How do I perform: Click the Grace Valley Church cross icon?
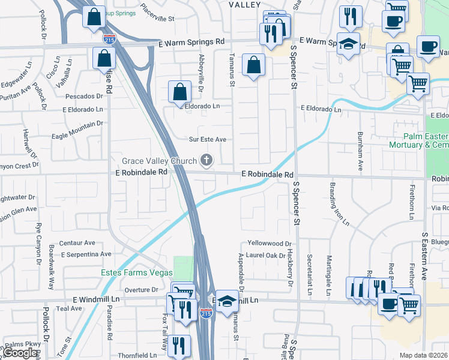click(206, 160)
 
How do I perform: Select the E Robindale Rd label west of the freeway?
click(141, 172)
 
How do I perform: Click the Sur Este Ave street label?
click(208, 139)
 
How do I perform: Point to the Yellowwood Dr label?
click(270, 244)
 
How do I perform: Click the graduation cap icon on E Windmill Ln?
click(227, 302)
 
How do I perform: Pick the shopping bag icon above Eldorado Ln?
click(179, 92)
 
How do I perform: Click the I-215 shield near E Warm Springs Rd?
click(109, 40)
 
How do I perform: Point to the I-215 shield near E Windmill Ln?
click(206, 314)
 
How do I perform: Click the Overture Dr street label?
click(141, 289)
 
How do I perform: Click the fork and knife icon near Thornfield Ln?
click(178, 346)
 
